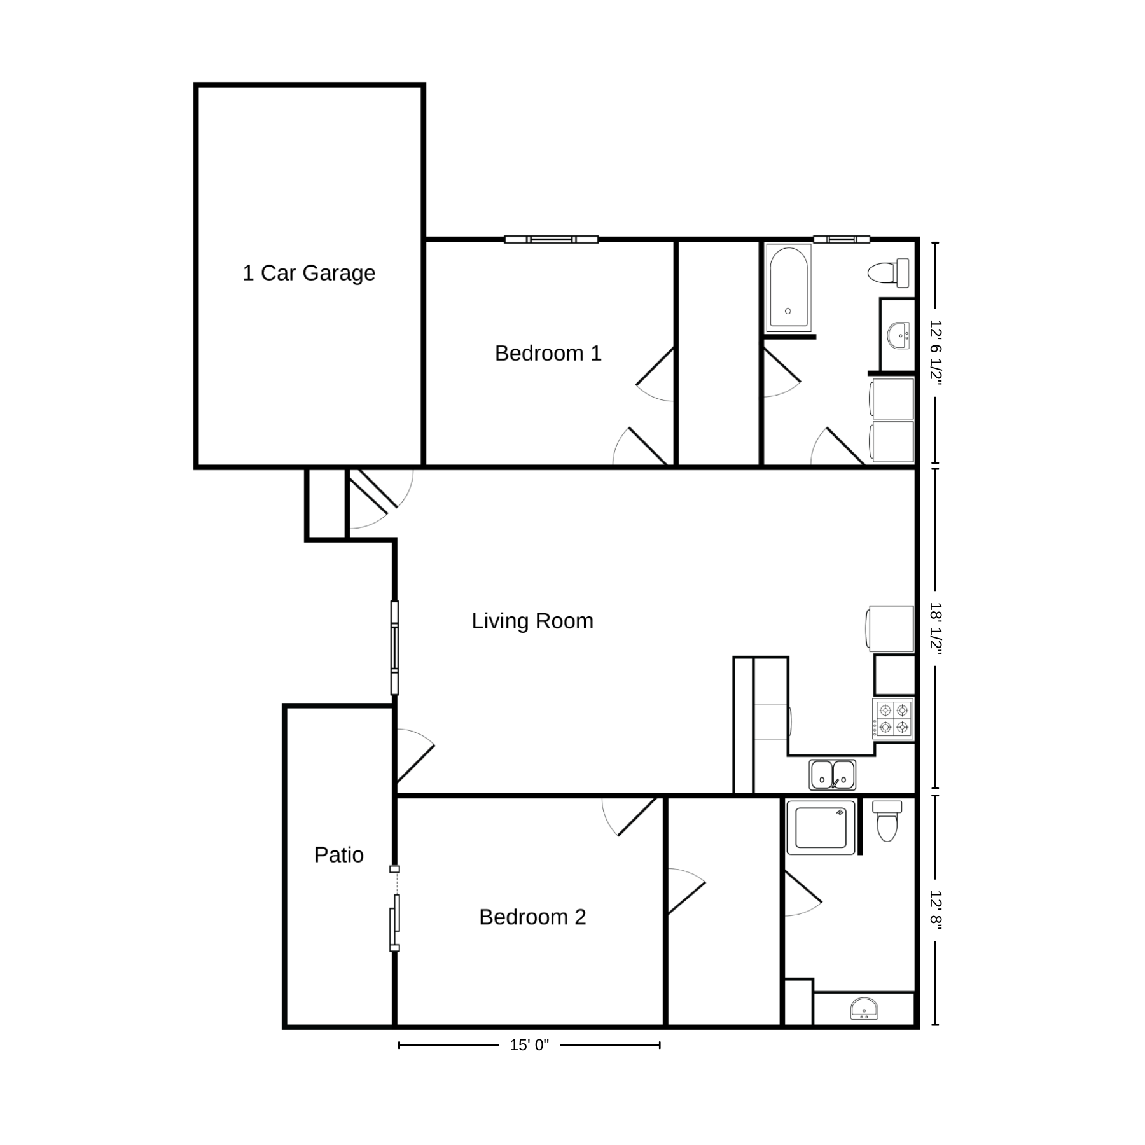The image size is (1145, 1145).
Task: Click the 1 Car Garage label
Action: tap(309, 273)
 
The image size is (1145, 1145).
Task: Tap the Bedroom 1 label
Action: tap(548, 353)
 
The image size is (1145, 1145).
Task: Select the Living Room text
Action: tap(532, 621)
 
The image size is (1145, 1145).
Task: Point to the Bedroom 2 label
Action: tap(532, 917)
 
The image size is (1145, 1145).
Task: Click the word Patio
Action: tap(339, 855)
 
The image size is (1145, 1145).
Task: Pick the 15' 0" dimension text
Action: tap(529, 1045)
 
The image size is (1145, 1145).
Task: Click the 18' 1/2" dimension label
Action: tap(935, 628)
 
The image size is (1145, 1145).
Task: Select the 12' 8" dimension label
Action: tap(935, 910)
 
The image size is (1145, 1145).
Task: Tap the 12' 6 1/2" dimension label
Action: tap(935, 352)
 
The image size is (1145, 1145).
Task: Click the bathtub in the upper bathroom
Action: tap(789, 288)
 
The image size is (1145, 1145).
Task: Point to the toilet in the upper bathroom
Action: tap(889, 273)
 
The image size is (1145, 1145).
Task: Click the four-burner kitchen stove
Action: tap(893, 719)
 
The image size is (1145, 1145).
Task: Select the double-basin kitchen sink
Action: tap(833, 775)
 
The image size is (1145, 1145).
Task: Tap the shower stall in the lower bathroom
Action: tap(821, 827)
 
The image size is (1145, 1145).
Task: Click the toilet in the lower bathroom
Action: tap(887, 821)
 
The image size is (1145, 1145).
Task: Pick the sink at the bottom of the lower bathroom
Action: tap(864, 1010)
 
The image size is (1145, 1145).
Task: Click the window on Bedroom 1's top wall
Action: tap(552, 240)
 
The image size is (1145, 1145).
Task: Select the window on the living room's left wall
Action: tap(394, 648)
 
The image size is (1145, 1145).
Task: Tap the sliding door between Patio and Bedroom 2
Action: tap(394, 909)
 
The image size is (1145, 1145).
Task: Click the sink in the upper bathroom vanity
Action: tap(899, 335)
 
